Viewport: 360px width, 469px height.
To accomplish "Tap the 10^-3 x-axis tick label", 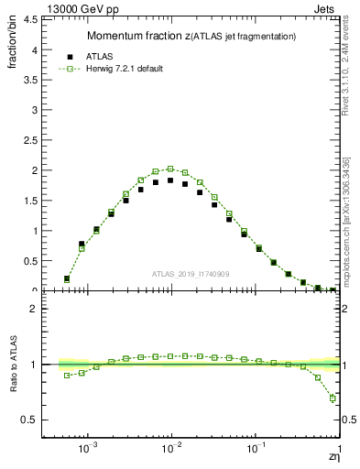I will tap(88, 449).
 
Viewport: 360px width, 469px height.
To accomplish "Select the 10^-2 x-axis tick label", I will tap(171, 449).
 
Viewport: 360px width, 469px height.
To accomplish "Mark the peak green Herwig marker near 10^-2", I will tap(170, 169).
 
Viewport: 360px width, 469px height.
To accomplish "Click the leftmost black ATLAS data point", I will tap(67, 278).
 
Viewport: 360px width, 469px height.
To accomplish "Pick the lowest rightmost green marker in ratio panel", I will tap(333, 398).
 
